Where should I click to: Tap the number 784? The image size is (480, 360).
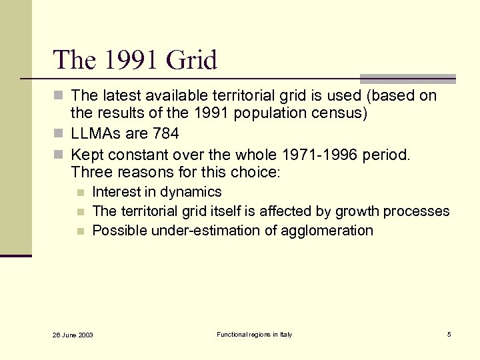[165, 133]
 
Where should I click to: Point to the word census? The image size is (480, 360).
[341, 113]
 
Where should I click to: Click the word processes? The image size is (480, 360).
[421, 211]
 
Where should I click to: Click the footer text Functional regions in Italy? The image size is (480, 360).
[254, 334]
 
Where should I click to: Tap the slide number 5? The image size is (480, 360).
[449, 334]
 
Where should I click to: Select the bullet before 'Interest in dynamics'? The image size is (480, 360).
[81, 193]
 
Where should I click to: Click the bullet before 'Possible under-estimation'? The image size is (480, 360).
[81, 231]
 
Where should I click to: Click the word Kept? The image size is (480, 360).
[87, 155]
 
